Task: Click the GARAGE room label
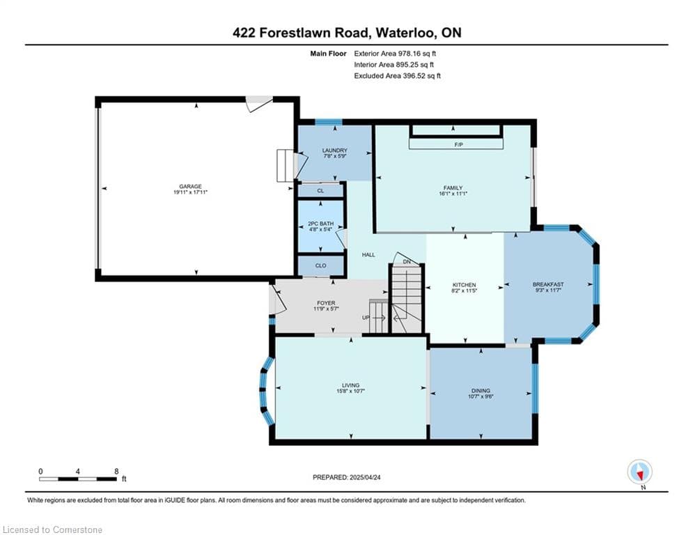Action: click(190, 186)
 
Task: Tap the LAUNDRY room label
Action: click(334, 150)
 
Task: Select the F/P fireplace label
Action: click(458, 145)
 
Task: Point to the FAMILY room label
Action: click(453, 188)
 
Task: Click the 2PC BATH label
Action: click(321, 224)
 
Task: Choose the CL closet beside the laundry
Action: click(320, 191)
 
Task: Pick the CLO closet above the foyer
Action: click(320, 265)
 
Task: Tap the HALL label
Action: click(368, 255)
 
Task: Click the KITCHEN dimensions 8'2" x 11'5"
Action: click(464, 290)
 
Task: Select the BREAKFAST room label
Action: click(548, 284)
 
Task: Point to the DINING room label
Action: click(481, 390)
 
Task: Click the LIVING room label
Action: click(350, 385)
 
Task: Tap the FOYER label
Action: click(326, 303)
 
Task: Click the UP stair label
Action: click(366, 318)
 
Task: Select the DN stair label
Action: click(407, 262)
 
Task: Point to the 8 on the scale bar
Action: click(116, 472)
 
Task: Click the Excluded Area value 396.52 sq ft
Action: click(421, 76)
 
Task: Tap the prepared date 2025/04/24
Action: click(365, 477)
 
